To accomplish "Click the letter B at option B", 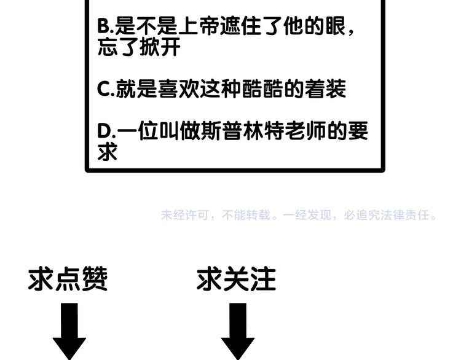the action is click(104, 26).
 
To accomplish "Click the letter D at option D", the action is click(104, 131).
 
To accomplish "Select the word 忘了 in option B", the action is click(118, 47).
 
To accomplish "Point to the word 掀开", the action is click(160, 47).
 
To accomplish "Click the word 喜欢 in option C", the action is click(179, 89).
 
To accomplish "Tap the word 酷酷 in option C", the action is click(262, 89).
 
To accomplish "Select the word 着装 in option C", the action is click(325, 89).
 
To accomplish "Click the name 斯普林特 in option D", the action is click(242, 131).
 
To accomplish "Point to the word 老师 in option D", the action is click(305, 131).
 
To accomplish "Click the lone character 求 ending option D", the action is click(108, 152).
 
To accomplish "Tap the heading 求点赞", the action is click(68, 279).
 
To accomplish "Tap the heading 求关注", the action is click(236, 279).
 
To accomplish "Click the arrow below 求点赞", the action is click(69, 332).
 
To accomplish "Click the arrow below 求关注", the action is click(238, 332).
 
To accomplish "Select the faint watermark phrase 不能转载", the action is click(246, 215).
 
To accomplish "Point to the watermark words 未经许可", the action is click(185, 215).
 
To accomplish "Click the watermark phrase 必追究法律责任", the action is click(387, 215).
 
